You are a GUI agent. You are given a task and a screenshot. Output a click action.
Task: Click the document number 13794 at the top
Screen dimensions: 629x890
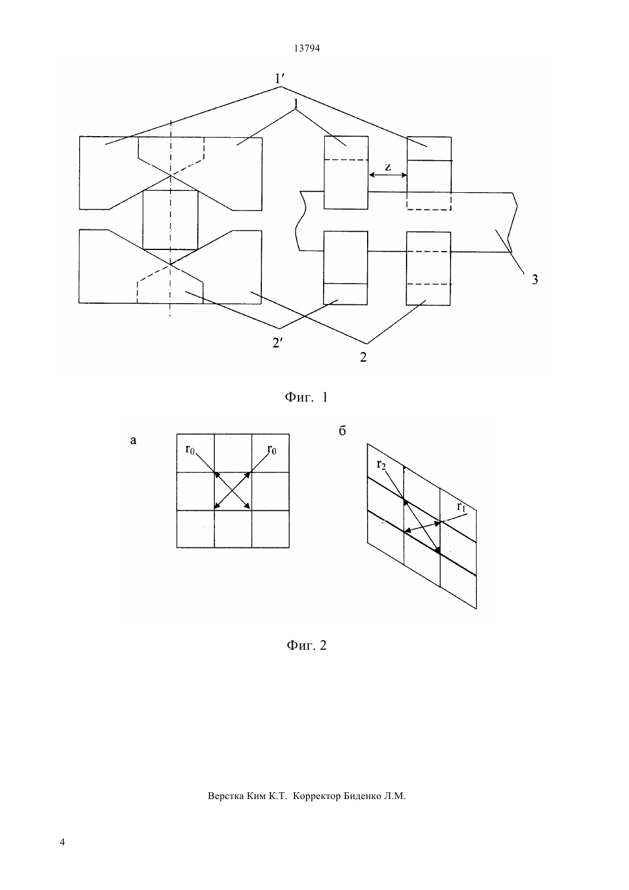(306, 48)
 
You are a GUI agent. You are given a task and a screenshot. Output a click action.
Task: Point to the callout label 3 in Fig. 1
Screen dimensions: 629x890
(535, 280)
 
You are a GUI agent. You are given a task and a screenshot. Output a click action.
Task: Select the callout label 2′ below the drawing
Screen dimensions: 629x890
(277, 343)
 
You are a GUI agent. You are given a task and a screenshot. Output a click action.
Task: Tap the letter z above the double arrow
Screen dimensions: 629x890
(388, 167)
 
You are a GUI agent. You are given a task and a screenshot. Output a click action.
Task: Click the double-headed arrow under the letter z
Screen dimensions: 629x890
(388, 175)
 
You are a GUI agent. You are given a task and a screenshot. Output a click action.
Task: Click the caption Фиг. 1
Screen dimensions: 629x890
(306, 397)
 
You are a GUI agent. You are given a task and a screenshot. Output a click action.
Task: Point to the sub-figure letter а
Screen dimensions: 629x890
(133, 440)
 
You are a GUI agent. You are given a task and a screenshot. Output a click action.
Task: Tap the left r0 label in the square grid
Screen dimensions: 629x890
(190, 450)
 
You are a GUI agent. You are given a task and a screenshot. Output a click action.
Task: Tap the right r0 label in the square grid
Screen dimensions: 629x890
(272, 450)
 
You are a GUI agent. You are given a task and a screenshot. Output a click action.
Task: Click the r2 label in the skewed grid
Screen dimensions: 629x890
(381, 464)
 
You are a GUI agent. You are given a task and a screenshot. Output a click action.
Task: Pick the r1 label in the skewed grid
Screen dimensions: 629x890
(461, 507)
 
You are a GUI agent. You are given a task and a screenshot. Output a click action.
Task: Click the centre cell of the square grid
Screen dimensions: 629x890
(233, 491)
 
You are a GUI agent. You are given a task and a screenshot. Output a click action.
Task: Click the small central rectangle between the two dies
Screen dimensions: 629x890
(170, 220)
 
